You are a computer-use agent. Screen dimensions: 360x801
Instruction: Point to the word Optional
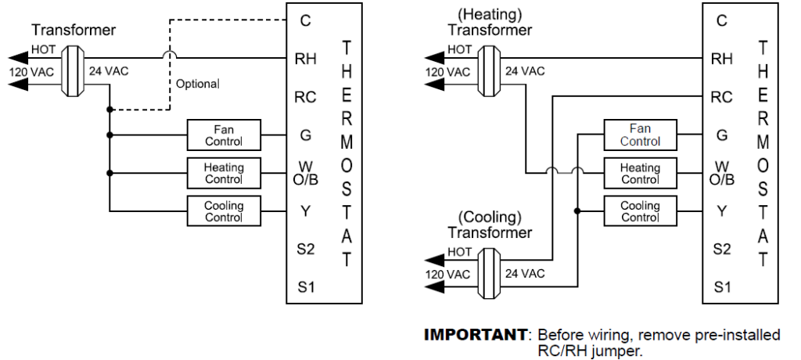point(198,84)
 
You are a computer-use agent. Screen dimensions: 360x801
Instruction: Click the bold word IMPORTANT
point(475,335)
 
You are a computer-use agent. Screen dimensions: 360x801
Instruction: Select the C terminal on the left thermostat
point(306,21)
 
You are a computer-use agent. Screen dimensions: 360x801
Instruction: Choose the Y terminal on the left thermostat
point(306,211)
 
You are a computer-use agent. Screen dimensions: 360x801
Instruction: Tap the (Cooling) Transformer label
point(489,225)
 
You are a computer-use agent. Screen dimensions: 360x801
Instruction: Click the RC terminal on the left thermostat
point(306,98)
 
